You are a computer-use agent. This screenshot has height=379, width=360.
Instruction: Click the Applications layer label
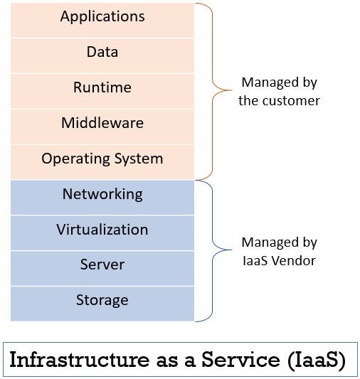[x=102, y=16]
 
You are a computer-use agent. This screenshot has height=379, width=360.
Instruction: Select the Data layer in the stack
[x=102, y=52]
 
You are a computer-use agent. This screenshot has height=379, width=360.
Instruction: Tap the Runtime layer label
[x=102, y=87]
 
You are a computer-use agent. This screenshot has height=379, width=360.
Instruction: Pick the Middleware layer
[x=102, y=123]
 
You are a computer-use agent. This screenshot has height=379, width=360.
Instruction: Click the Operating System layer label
[x=102, y=159]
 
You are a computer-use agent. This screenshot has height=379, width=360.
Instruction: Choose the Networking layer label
[x=102, y=194]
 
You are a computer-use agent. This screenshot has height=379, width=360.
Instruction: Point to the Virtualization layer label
[x=102, y=230]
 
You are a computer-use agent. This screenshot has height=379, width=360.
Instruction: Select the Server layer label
[x=102, y=265]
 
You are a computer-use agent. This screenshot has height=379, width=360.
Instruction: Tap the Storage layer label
[x=102, y=300]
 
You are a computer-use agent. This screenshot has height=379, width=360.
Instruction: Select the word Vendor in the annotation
[x=295, y=260]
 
